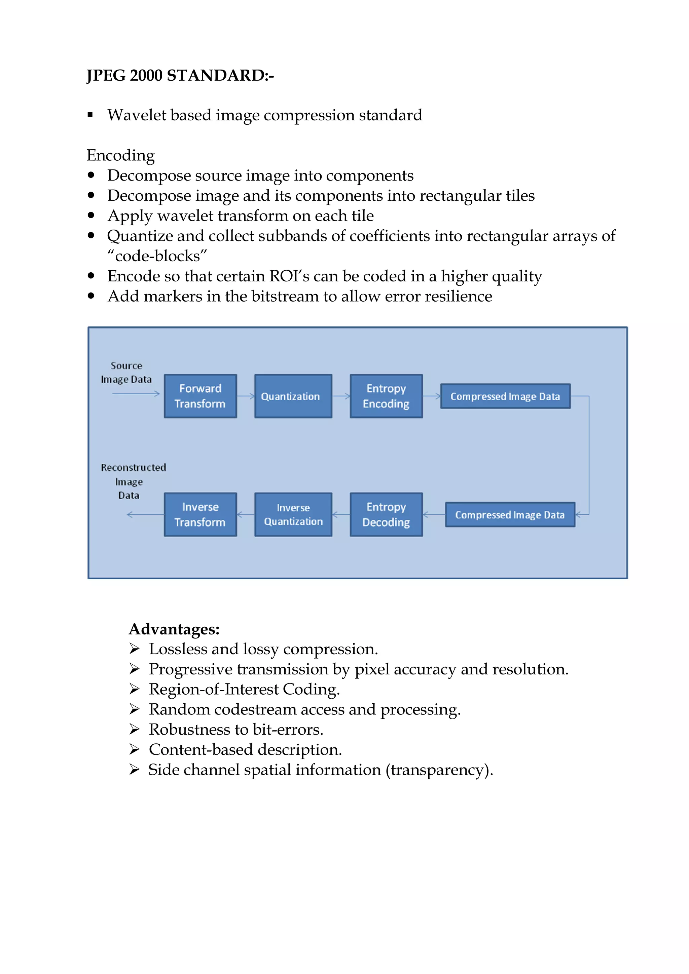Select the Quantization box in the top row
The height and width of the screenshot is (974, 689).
coord(293,396)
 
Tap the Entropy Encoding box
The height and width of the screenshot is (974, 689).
coord(386,396)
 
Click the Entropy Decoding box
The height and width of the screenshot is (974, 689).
coord(386,514)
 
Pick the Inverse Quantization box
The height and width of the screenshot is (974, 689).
coord(293,514)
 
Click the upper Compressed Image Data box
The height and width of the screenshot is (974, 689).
coord(505,396)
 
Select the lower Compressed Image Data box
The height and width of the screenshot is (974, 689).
coord(510,515)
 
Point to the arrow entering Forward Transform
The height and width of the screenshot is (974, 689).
coord(136,394)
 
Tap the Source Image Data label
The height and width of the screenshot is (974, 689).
coord(126,373)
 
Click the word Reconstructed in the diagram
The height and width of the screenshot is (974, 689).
coord(133,467)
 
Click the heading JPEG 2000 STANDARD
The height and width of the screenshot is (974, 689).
coord(180,76)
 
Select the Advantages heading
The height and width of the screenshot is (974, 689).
coord(174,629)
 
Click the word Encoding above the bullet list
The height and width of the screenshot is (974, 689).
coord(120,155)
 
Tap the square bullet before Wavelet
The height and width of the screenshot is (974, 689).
coord(90,115)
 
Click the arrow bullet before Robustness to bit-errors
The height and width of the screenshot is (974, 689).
coord(134,729)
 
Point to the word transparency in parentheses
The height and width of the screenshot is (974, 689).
coord(438,770)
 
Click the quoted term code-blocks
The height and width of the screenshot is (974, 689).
coord(157,256)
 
